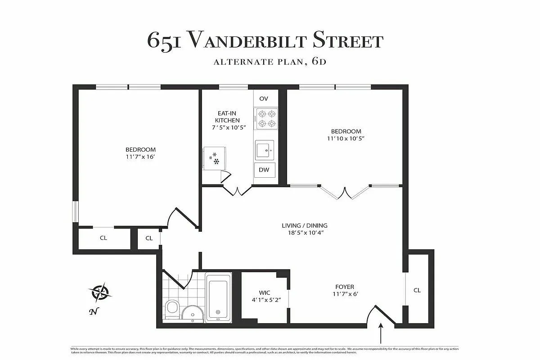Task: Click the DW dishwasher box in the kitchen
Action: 264,170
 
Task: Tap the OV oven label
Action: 264,99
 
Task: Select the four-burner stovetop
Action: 265,118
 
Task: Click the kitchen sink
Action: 265,149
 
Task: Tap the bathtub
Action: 218,297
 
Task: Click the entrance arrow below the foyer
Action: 381,334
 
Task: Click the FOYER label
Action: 344,287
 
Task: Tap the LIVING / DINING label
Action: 305,225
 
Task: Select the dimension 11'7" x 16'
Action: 140,157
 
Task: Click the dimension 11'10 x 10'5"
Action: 345,139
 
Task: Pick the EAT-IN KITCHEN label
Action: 227,117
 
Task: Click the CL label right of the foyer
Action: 417,290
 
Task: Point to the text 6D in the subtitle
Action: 318,62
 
